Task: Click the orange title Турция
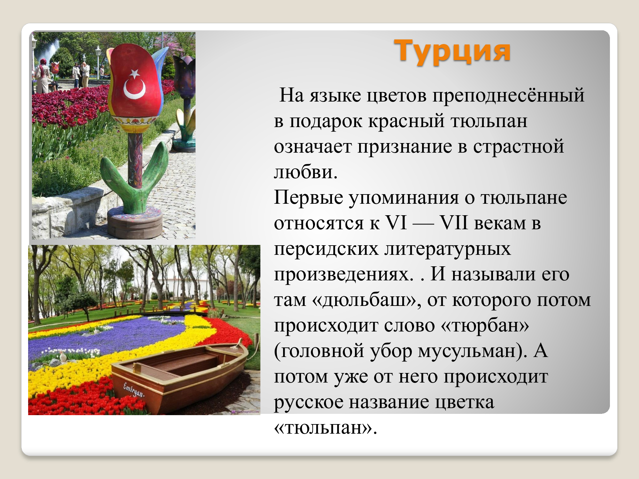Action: click(452, 51)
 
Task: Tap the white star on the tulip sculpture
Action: click(134, 74)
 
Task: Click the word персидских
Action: click(326, 249)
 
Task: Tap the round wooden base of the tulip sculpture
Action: click(135, 222)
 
